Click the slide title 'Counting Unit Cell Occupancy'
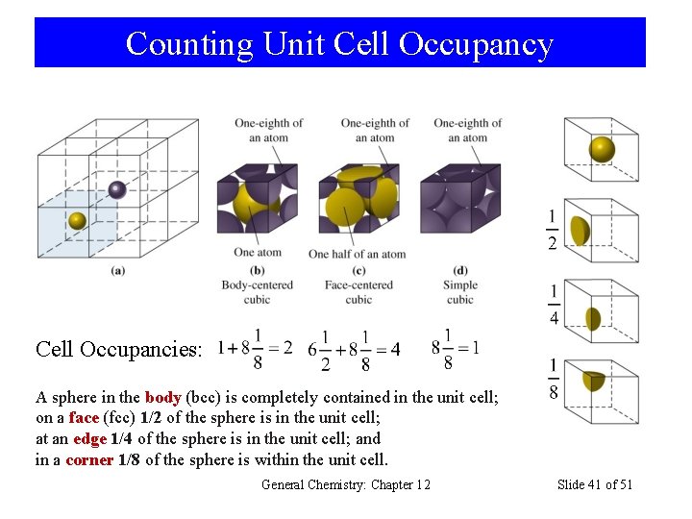click(x=339, y=43)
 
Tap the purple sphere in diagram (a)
click(x=117, y=189)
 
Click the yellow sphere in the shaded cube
click(x=78, y=221)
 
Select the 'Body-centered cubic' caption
click(x=258, y=291)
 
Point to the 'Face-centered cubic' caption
click(x=358, y=291)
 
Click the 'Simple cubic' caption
click(x=460, y=291)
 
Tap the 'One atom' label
click(x=258, y=253)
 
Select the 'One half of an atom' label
click(x=357, y=254)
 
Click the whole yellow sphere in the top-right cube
click(x=602, y=149)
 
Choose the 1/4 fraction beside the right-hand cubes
click(x=555, y=305)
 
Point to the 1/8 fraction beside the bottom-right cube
click(x=555, y=380)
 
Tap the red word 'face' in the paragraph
click(x=84, y=417)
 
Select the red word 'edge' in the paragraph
click(x=89, y=438)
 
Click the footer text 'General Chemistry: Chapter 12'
click(x=346, y=484)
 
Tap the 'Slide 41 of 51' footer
click(x=595, y=484)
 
